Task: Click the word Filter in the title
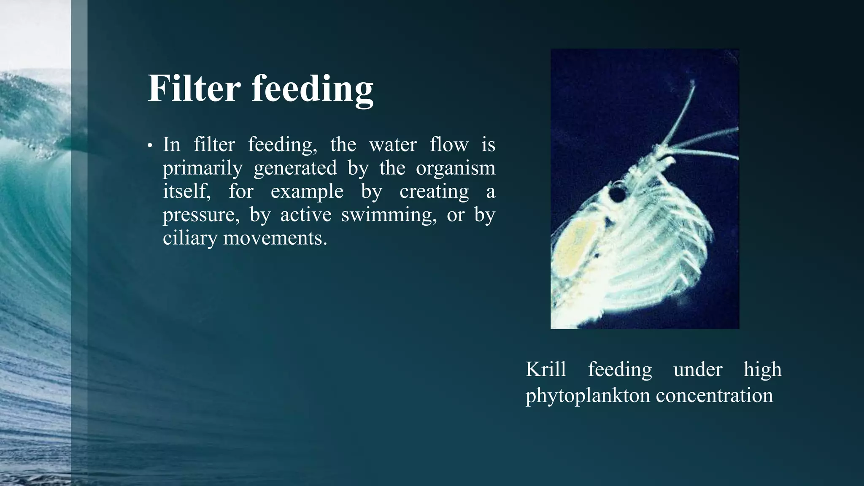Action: [194, 88]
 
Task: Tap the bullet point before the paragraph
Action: [149, 146]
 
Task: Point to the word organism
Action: [455, 168]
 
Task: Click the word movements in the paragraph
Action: [275, 238]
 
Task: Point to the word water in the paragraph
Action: [393, 145]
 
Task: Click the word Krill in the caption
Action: [545, 370]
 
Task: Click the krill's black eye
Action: [618, 194]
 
